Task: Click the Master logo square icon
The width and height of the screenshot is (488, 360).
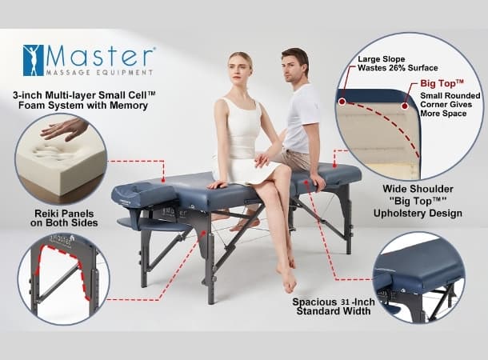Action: click(34, 58)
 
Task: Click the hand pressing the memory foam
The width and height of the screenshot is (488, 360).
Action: click(65, 128)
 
